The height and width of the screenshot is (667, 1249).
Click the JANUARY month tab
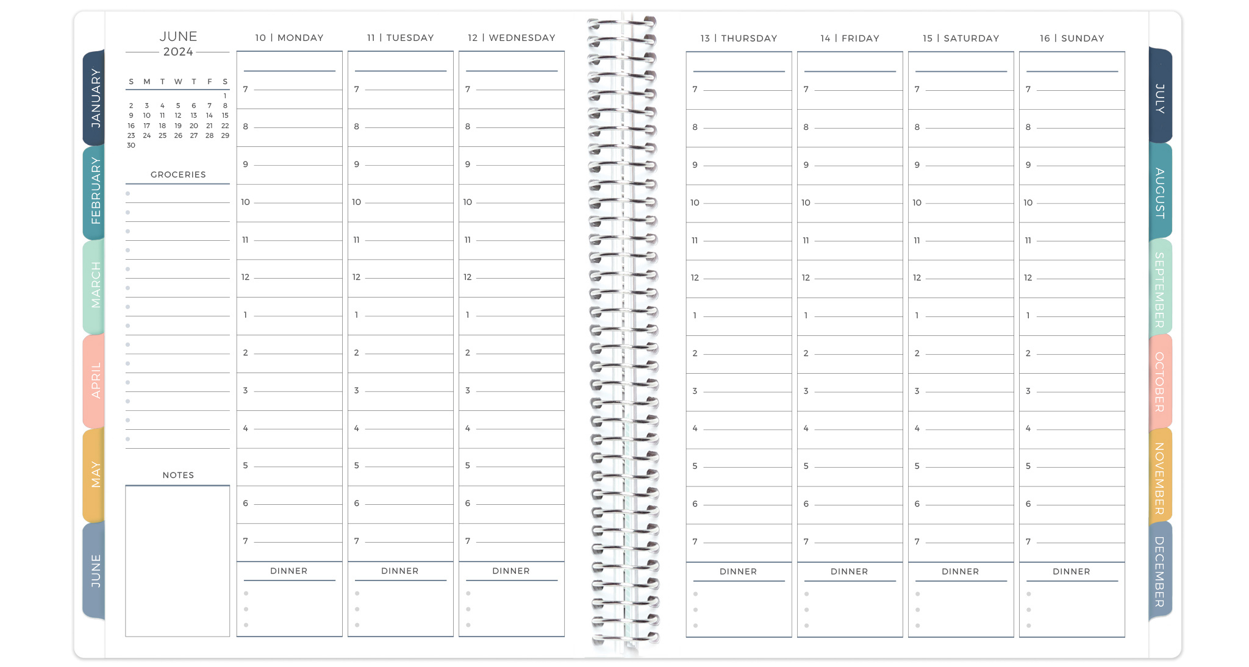[x=94, y=98]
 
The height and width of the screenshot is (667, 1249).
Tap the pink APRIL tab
[x=95, y=380]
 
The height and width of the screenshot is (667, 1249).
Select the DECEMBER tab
[x=1159, y=571]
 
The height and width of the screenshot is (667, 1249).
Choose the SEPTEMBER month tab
[x=1159, y=290]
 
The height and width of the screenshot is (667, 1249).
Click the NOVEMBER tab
[x=1159, y=478]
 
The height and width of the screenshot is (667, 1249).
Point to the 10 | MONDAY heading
[x=289, y=38]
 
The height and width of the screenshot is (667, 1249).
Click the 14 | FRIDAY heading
[x=850, y=38]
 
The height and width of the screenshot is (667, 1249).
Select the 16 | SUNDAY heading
[x=1072, y=38]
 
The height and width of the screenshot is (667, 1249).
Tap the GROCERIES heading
[x=178, y=174]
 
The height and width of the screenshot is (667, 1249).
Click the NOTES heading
[x=178, y=475]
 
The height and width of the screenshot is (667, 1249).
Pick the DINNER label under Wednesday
[x=511, y=571]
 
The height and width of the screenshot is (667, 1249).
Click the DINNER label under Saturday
[x=960, y=571]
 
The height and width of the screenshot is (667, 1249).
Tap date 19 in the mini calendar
[x=178, y=126]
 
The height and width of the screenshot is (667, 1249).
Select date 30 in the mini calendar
[x=131, y=145]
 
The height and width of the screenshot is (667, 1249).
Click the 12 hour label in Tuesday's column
[x=357, y=277]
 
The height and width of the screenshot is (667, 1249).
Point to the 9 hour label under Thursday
[x=695, y=165]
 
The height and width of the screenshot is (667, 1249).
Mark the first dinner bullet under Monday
[x=246, y=593]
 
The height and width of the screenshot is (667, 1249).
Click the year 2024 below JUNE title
[x=178, y=52]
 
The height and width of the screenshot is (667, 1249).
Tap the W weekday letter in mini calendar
[x=178, y=82]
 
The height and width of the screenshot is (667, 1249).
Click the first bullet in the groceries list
[x=128, y=194]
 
